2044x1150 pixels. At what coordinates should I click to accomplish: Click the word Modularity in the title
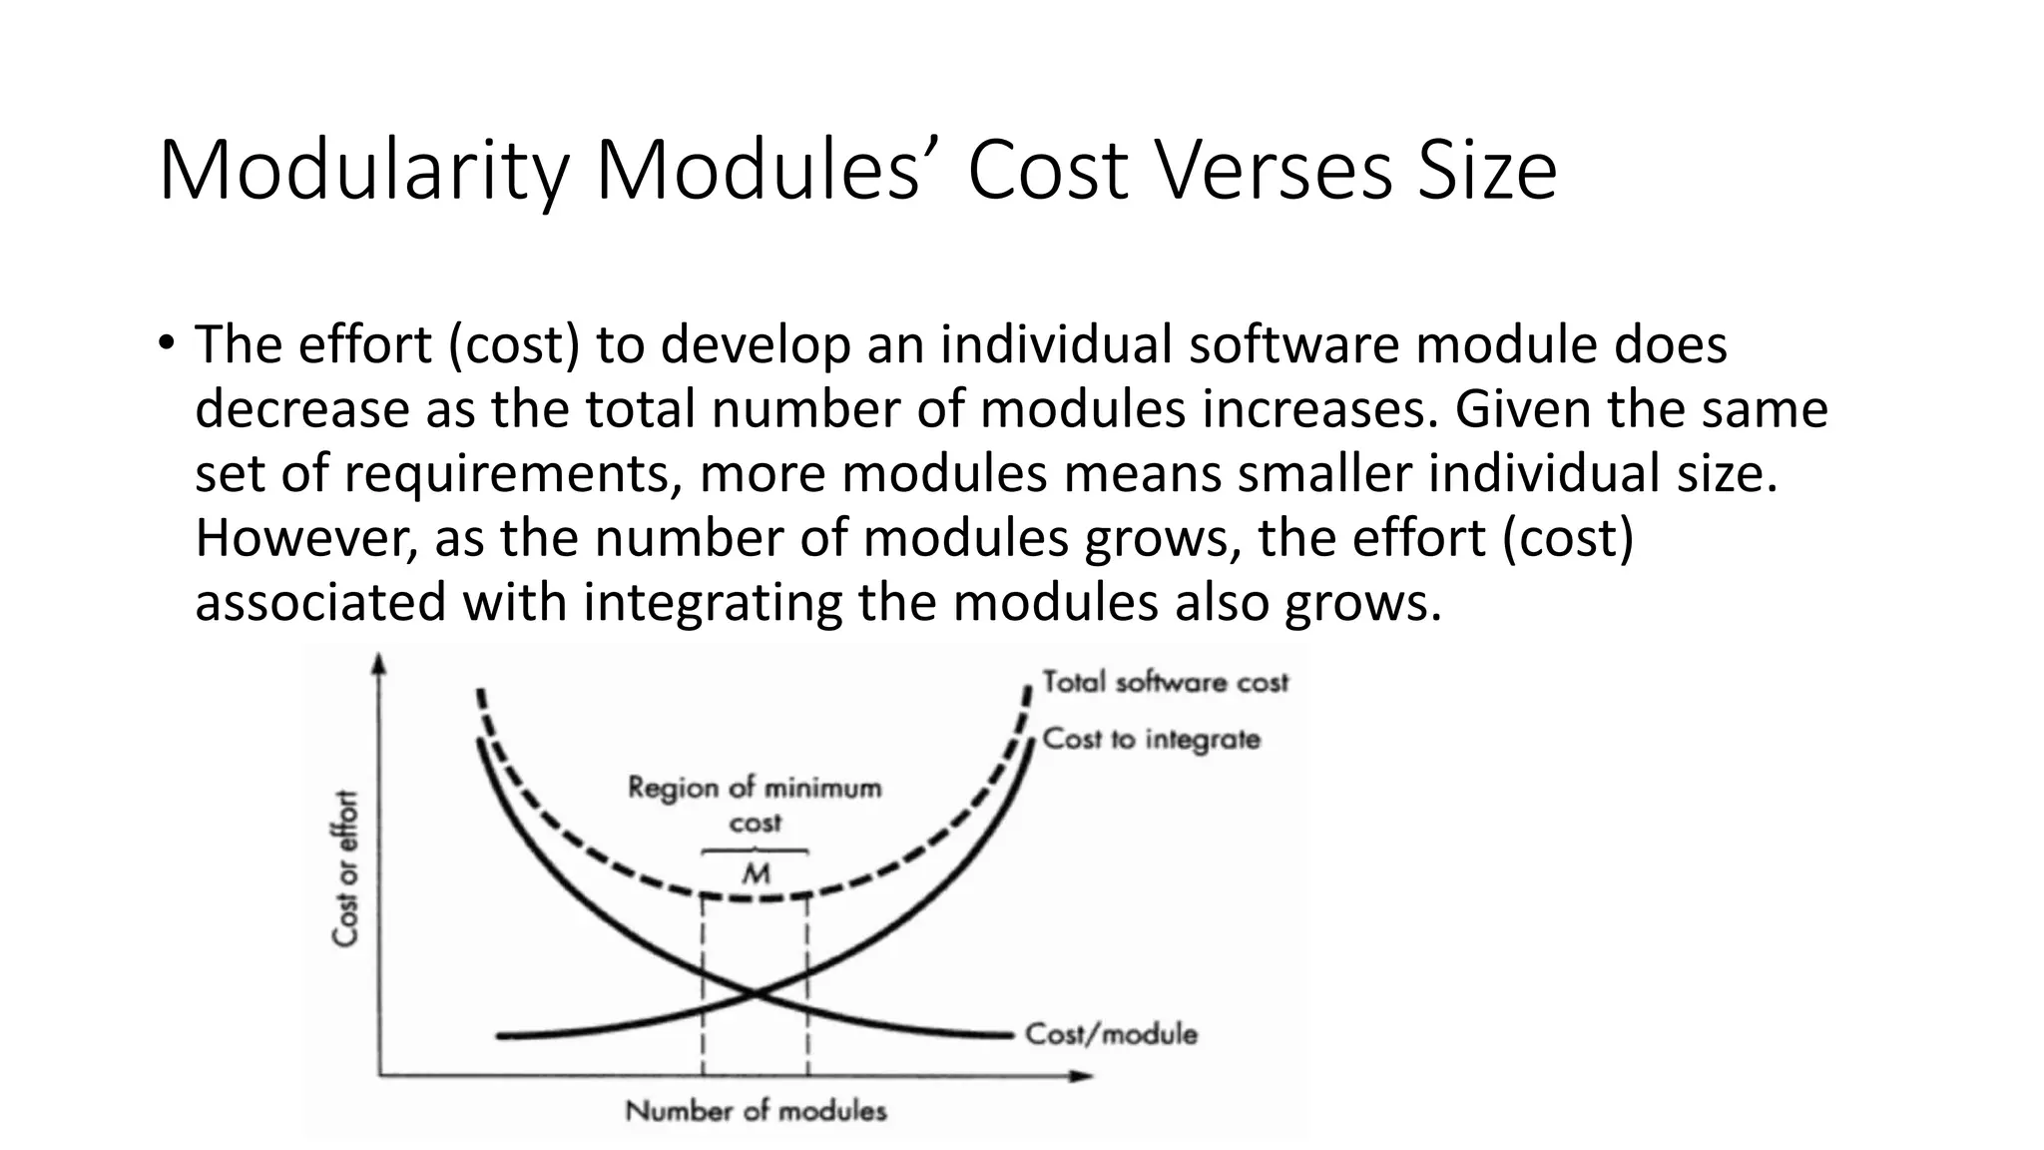click(x=364, y=172)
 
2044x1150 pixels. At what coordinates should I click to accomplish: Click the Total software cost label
click(x=1165, y=682)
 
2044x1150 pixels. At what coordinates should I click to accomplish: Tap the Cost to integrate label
click(x=1151, y=739)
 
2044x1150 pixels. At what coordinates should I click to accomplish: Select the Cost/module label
click(x=1111, y=1033)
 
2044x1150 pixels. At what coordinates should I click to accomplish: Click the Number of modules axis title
click(x=756, y=1110)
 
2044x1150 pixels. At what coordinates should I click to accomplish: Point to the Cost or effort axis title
click(x=345, y=868)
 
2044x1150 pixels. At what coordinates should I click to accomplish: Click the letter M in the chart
click(x=757, y=874)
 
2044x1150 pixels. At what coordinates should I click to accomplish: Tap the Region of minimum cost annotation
click(x=755, y=805)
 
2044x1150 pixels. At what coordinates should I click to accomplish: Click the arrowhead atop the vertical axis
click(x=378, y=662)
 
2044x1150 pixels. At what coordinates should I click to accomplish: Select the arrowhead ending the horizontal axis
click(x=1082, y=1075)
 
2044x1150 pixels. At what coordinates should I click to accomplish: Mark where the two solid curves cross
click(x=756, y=992)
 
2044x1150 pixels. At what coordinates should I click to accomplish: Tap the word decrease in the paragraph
click(x=301, y=409)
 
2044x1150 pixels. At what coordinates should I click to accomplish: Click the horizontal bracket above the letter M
click(x=756, y=852)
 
